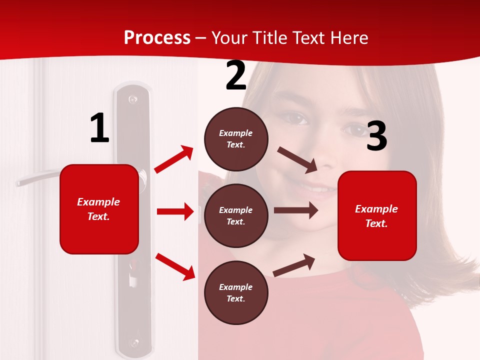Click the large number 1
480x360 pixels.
click(99, 129)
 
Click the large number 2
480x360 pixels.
click(235, 76)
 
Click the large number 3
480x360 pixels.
click(376, 136)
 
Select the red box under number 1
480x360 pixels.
click(99, 209)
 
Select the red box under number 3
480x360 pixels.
click(377, 215)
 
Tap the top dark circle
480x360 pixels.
click(236, 139)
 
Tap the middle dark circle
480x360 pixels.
click(236, 215)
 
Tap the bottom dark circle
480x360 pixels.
click(236, 292)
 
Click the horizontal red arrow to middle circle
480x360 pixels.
click(174, 211)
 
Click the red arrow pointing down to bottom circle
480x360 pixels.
click(175, 266)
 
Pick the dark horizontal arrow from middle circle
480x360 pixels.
click(295, 210)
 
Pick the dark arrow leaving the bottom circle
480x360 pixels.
click(294, 265)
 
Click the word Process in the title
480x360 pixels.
click(157, 37)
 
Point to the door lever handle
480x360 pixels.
click(37, 178)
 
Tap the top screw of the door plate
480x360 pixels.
click(132, 99)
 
